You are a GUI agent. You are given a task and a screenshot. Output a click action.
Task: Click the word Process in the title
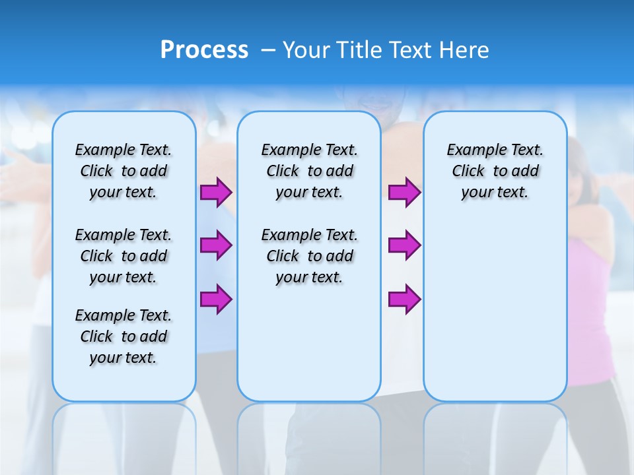[204, 50]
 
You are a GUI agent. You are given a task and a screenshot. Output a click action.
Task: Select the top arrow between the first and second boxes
[215, 193]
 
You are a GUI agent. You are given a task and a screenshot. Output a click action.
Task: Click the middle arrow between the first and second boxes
[215, 245]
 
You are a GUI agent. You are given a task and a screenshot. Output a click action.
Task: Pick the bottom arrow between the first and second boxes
[215, 299]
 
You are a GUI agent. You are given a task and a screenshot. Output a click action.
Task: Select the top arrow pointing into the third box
[404, 193]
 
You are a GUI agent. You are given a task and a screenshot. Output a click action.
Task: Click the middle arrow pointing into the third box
[404, 245]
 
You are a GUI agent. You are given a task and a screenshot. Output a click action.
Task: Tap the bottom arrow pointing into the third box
[404, 299]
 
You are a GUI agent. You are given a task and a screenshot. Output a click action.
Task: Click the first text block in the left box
[123, 171]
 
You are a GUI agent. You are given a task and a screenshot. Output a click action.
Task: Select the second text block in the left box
[123, 256]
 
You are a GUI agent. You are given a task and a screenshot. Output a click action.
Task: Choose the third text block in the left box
[123, 336]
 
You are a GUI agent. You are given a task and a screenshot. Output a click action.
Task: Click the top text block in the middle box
[309, 171]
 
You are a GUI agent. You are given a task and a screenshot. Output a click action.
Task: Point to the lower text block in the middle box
[309, 256]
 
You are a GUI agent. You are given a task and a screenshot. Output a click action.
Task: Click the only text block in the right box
[495, 171]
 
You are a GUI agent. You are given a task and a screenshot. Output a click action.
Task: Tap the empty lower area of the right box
[495, 310]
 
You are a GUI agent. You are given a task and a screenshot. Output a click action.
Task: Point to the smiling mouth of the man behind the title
[374, 104]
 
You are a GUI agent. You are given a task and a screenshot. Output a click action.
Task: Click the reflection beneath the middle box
[309, 435]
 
